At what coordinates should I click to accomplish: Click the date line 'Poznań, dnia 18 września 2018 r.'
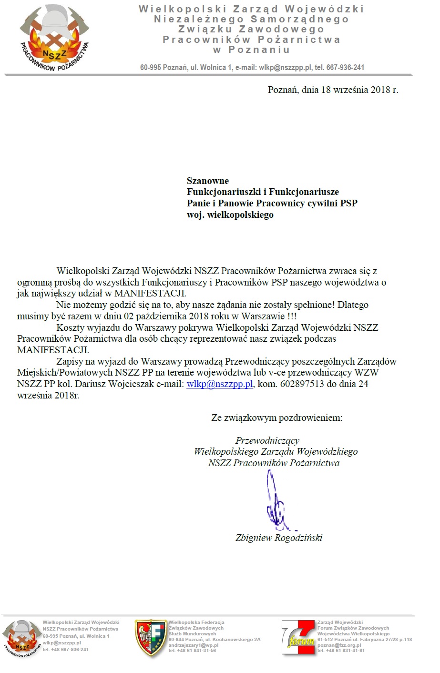coord(333,90)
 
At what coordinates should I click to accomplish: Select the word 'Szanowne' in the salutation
coord(208,181)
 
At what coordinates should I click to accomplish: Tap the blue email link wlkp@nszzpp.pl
coord(220,384)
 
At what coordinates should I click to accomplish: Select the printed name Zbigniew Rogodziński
coord(279,538)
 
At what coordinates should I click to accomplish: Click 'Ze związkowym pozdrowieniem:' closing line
coord(276,418)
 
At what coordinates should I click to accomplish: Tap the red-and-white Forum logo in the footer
coord(298,639)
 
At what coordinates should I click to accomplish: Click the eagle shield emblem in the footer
coord(151,638)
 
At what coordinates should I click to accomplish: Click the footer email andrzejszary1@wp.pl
coord(194,645)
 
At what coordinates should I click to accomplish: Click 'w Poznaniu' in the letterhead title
coord(251,50)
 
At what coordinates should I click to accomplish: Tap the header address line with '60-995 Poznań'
coord(252,68)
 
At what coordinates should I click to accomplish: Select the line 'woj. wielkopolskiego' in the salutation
coord(230,215)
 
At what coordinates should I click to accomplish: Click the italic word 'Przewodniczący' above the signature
coord(267,441)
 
